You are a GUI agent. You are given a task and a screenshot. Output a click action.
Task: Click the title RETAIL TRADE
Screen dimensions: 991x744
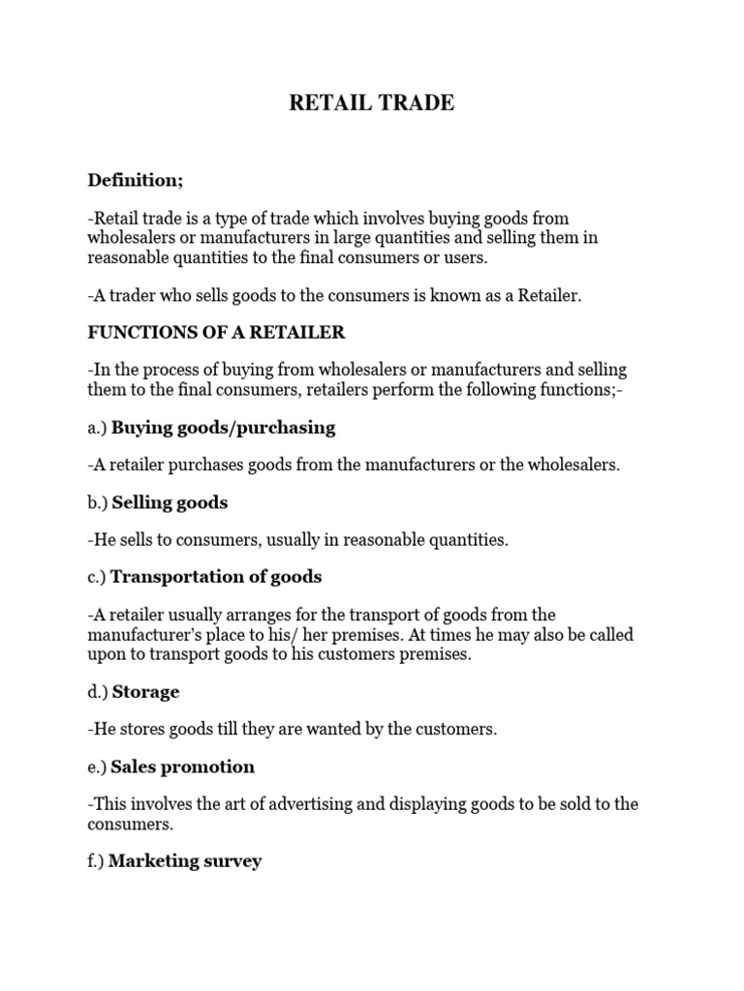click(371, 104)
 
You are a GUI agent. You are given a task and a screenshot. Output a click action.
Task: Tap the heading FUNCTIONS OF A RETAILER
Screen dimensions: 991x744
click(216, 333)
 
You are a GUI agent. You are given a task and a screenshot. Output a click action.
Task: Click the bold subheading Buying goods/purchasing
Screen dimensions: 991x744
click(224, 427)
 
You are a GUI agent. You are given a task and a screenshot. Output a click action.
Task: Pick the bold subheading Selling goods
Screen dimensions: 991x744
click(170, 502)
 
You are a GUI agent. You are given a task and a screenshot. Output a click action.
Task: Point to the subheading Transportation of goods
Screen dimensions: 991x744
click(216, 577)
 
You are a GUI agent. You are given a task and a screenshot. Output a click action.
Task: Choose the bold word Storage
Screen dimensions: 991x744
click(145, 692)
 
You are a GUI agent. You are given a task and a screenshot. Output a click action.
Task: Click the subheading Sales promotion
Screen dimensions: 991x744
click(183, 766)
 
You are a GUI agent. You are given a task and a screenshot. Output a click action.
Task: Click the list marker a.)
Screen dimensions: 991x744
click(97, 428)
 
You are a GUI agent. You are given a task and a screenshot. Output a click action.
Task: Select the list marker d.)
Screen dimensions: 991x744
click(98, 693)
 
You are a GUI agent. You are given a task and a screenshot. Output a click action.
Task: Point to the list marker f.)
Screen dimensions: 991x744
click(96, 861)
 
